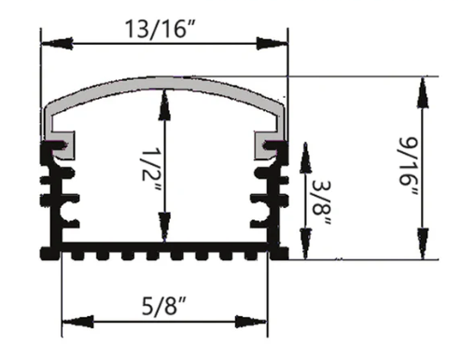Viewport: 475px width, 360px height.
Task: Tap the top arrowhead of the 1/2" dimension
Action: (165, 97)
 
